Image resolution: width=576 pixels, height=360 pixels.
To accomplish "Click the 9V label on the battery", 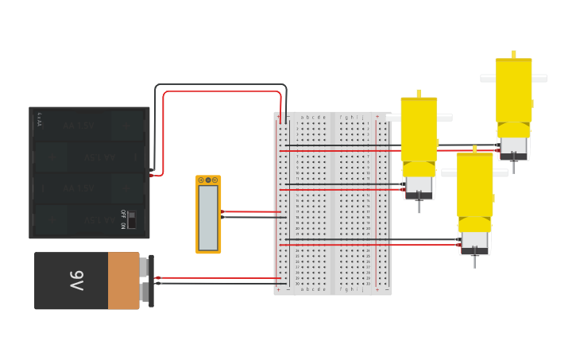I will [x=75, y=281].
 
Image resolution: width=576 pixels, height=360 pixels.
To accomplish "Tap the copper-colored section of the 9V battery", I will [x=123, y=281].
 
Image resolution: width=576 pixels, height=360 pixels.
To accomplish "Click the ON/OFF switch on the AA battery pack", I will [x=132, y=219].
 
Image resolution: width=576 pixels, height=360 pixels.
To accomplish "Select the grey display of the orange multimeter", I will [x=208, y=216].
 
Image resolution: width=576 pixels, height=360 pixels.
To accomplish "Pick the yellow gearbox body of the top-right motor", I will [x=514, y=91].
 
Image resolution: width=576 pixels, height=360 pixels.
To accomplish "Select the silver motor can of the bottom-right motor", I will [x=475, y=242].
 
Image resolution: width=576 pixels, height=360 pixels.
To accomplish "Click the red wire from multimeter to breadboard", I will [x=250, y=212].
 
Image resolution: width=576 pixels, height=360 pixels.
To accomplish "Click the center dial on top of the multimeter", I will [x=208, y=180].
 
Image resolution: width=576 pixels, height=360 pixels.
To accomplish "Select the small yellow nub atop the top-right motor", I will [x=514, y=54].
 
